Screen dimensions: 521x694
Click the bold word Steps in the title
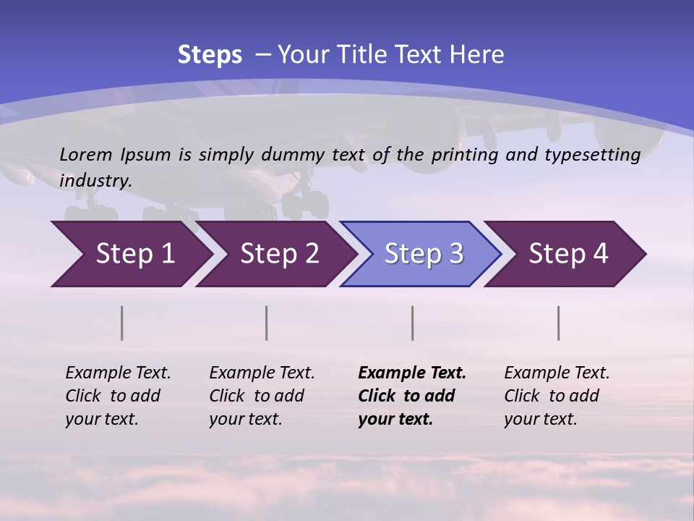click(x=210, y=55)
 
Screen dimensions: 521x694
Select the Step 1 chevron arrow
click(x=130, y=254)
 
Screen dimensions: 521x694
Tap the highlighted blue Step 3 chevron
click(x=423, y=254)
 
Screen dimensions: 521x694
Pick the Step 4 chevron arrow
click(x=567, y=254)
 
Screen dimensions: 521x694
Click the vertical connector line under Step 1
click(x=122, y=323)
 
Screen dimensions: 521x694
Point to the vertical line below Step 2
click(x=267, y=323)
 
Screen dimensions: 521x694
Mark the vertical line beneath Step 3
click(x=413, y=323)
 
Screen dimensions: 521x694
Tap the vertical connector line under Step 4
click(x=559, y=323)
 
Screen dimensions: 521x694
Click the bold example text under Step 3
click(x=411, y=396)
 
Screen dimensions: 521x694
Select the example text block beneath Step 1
click(x=118, y=396)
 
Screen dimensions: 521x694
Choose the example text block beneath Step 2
click(x=262, y=396)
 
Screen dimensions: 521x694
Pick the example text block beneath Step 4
click(x=557, y=396)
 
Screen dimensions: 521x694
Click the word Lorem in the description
click(x=86, y=154)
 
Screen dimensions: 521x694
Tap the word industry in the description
click(x=95, y=181)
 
